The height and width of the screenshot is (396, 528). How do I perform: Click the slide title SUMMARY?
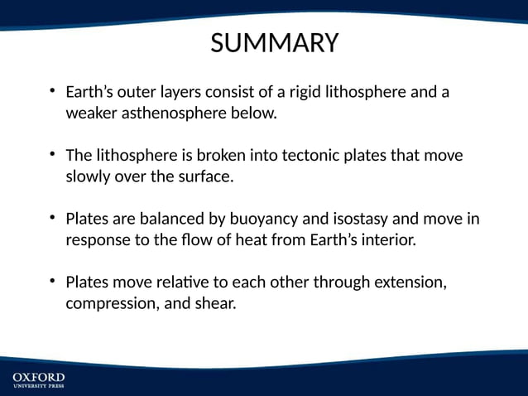(x=275, y=43)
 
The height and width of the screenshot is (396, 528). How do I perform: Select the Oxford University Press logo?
(x=38, y=381)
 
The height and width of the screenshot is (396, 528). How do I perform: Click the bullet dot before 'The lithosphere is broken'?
(x=52, y=154)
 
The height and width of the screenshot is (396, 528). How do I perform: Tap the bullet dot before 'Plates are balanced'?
(x=52, y=218)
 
